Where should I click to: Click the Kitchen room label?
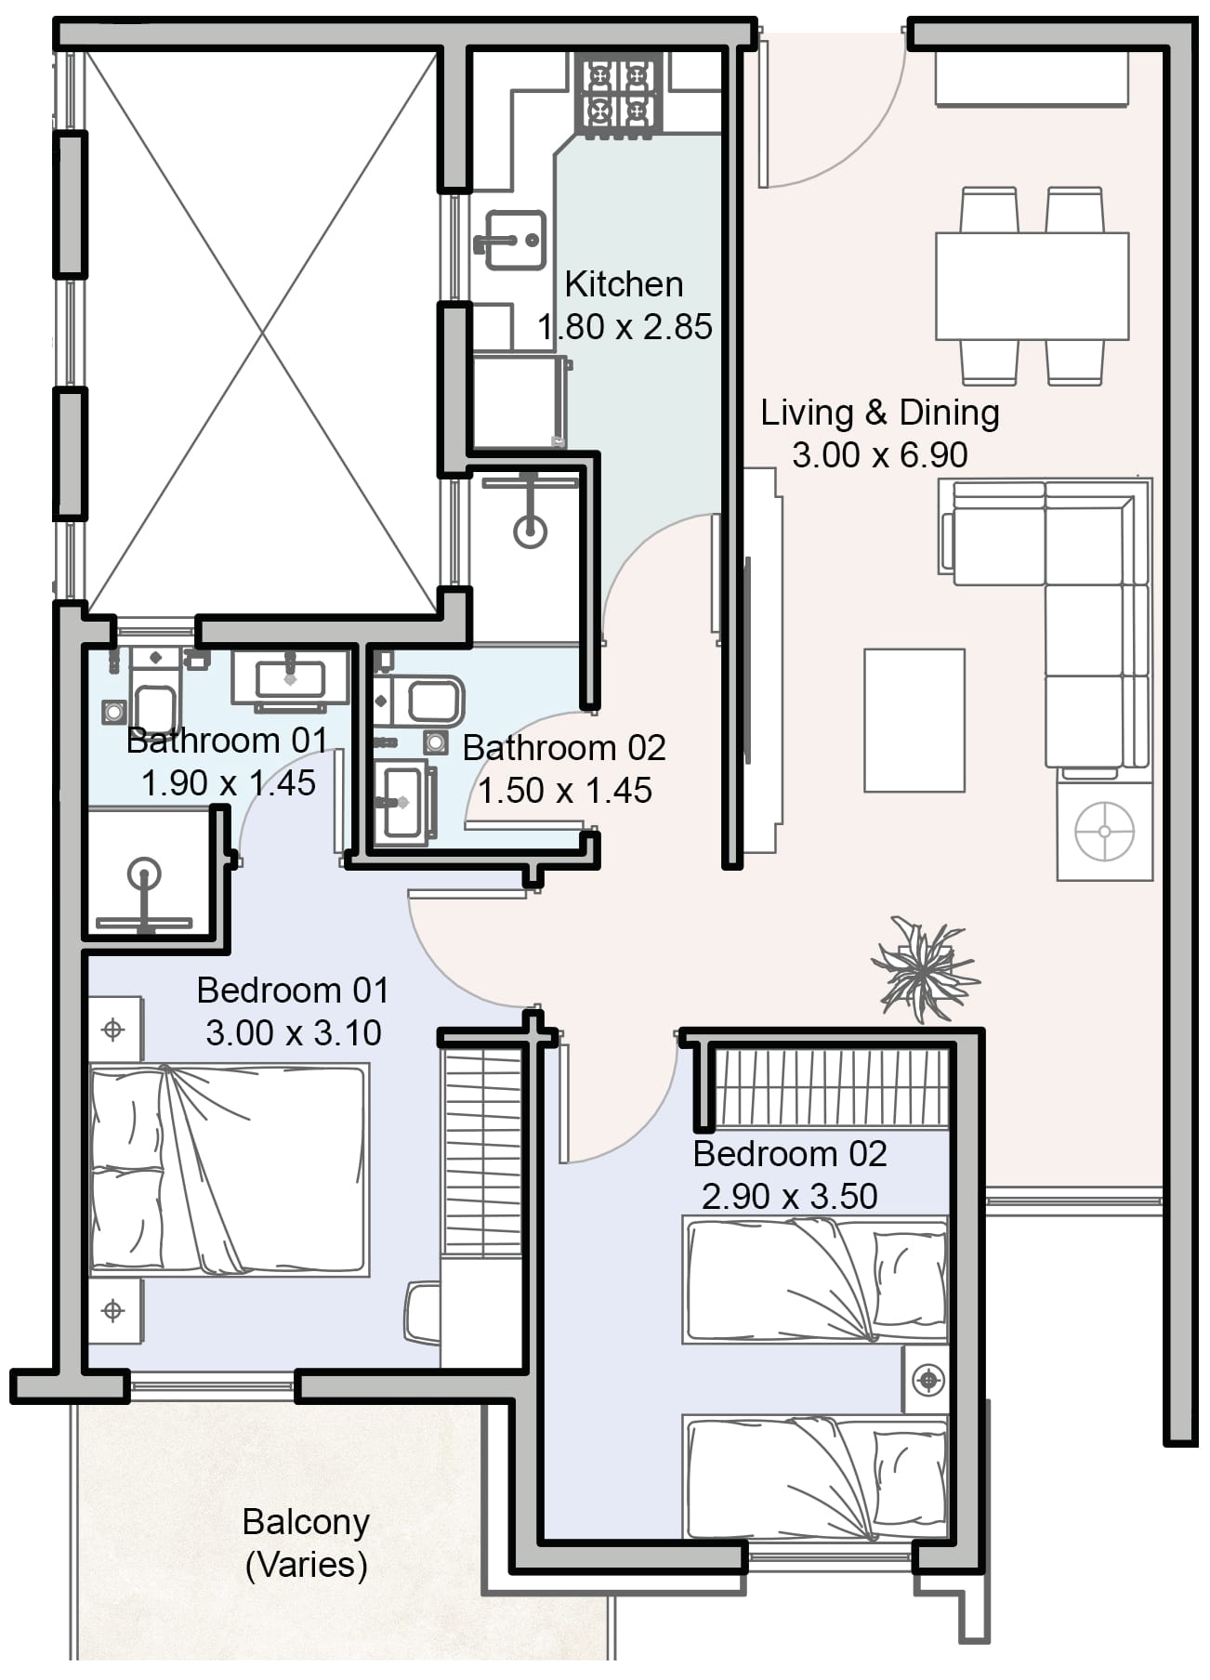click(624, 284)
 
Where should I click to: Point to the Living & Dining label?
click(880, 413)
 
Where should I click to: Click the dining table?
click(1032, 286)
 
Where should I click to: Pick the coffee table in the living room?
click(914, 720)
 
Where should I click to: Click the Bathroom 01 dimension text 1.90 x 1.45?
click(229, 783)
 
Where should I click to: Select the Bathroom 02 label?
click(565, 748)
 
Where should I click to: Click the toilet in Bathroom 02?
click(418, 701)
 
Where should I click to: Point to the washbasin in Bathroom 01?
click(290, 678)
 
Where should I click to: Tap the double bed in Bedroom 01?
click(229, 1170)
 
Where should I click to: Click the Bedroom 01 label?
click(293, 991)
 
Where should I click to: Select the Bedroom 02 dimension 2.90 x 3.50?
click(790, 1196)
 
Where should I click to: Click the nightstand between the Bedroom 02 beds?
click(926, 1380)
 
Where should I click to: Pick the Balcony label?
click(306, 1522)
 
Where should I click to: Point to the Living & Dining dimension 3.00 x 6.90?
click(880, 455)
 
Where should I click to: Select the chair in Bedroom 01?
click(422, 1312)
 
